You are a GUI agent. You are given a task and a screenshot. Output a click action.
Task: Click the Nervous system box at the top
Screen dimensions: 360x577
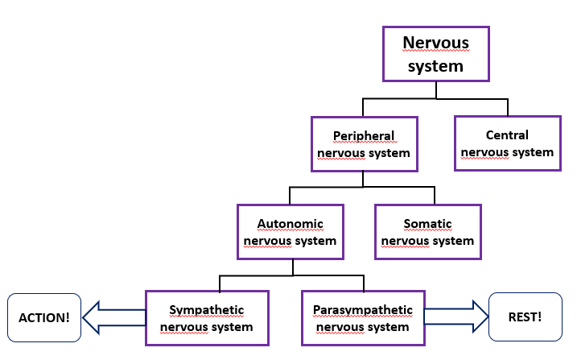point(435,53)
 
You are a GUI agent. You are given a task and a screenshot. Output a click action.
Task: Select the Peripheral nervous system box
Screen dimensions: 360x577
point(364,143)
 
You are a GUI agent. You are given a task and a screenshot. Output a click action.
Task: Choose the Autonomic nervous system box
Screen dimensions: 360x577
point(291,231)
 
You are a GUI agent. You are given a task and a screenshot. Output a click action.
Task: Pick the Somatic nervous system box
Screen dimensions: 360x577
point(427,231)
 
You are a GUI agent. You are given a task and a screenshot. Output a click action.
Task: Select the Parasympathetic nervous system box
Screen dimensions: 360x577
point(363,318)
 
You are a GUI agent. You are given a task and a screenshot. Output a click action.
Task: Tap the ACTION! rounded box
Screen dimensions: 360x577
point(44,317)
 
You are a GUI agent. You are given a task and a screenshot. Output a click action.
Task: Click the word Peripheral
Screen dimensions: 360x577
point(364,135)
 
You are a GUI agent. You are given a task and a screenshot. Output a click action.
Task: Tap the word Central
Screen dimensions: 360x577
point(507,134)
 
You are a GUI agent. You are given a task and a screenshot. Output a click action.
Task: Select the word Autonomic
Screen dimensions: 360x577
point(291,223)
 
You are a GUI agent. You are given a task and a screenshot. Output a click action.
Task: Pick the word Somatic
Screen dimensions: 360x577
point(427,223)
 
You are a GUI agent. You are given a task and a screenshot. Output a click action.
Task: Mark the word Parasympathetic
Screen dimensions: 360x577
point(363,310)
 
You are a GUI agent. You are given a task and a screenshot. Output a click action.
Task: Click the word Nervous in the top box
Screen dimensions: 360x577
point(435,43)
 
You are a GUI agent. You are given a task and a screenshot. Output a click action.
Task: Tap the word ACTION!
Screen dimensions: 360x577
point(44,317)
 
